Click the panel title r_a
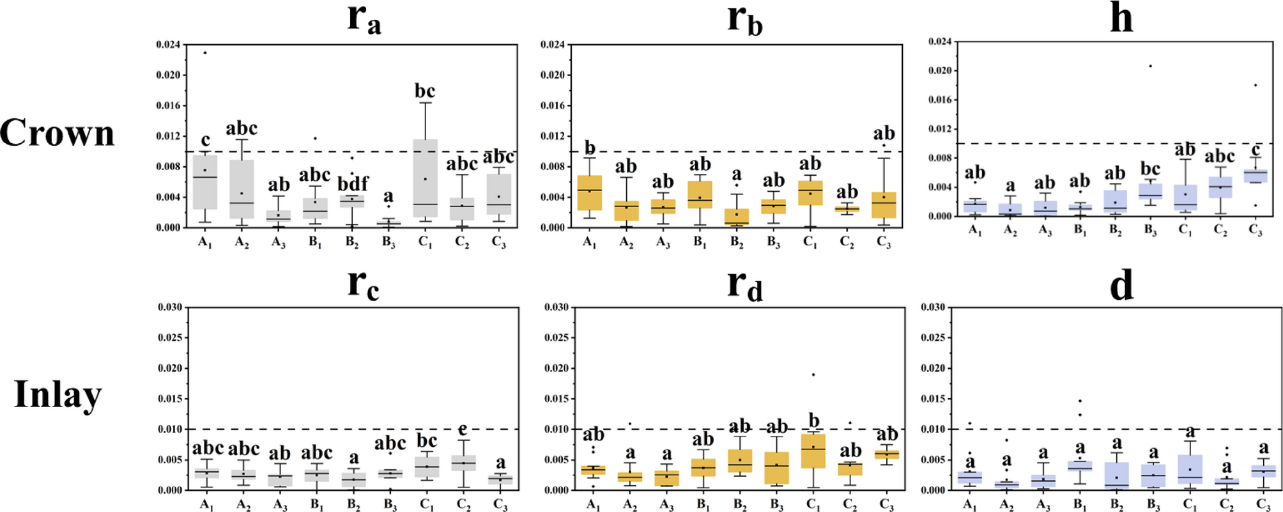pos(364,19)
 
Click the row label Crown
pos(57,133)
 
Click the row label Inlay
pos(58,394)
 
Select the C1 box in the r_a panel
pos(425,178)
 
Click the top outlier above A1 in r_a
pos(205,52)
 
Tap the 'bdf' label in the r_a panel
pos(351,183)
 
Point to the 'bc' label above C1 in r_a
pos(425,91)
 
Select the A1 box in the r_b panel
pos(590,192)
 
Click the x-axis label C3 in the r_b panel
pos(884,242)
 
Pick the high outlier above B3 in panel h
pos(1150,66)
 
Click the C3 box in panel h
pos(1256,176)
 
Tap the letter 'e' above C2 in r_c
pos(463,430)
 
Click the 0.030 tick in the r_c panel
pos(170,307)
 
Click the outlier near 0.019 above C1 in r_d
pos(813,375)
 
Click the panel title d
pos(1121,285)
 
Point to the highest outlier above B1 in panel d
pos(1080,401)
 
